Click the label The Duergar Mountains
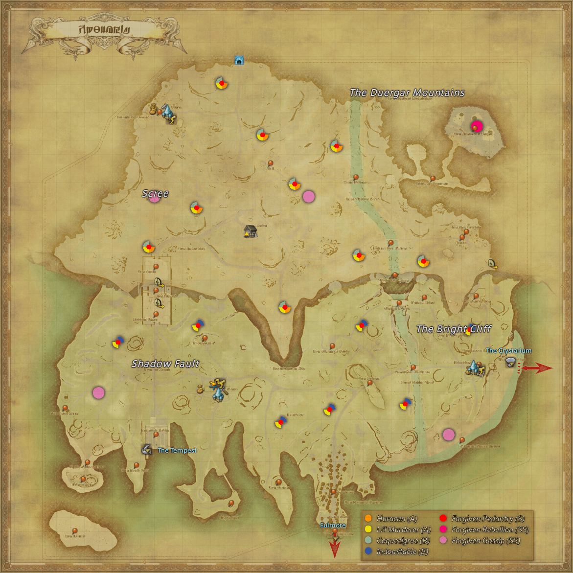[x=407, y=92]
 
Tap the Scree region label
[x=155, y=194]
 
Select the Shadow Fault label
[x=165, y=364]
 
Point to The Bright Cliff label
[x=454, y=329]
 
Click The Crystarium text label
[x=508, y=350]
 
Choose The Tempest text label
[x=177, y=450]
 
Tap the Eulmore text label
[x=333, y=525]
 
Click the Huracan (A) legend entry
[x=397, y=519]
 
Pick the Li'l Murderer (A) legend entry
[x=403, y=529]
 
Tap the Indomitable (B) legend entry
[x=402, y=551]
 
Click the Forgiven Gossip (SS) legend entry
[x=485, y=541]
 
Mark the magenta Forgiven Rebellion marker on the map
[x=476, y=126]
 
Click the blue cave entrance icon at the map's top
[x=239, y=60]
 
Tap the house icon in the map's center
[x=250, y=231]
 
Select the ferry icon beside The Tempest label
[x=146, y=449]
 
